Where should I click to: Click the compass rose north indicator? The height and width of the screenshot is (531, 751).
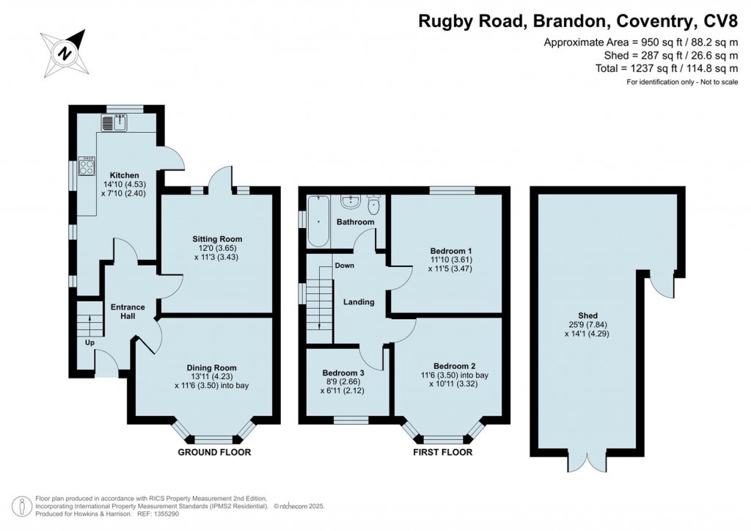[65, 53]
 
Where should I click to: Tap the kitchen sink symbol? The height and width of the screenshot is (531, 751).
[114, 122]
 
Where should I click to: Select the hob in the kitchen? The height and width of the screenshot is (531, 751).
[87, 166]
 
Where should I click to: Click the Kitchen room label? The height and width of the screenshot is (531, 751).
[125, 175]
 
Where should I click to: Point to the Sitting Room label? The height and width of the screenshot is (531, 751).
[217, 239]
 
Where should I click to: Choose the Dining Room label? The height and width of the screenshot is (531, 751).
[212, 367]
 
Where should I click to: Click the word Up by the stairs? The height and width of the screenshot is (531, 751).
[89, 343]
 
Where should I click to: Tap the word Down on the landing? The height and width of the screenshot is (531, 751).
[345, 265]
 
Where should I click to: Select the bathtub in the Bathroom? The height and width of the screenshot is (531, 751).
[318, 221]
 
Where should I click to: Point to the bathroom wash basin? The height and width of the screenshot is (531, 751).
[351, 202]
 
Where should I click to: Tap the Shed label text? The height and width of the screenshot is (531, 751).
[587, 315]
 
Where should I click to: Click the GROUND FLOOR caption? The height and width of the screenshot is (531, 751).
[214, 452]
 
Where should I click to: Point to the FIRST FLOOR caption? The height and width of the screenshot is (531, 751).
[442, 452]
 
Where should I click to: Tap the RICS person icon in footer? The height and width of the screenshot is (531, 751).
[21, 507]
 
